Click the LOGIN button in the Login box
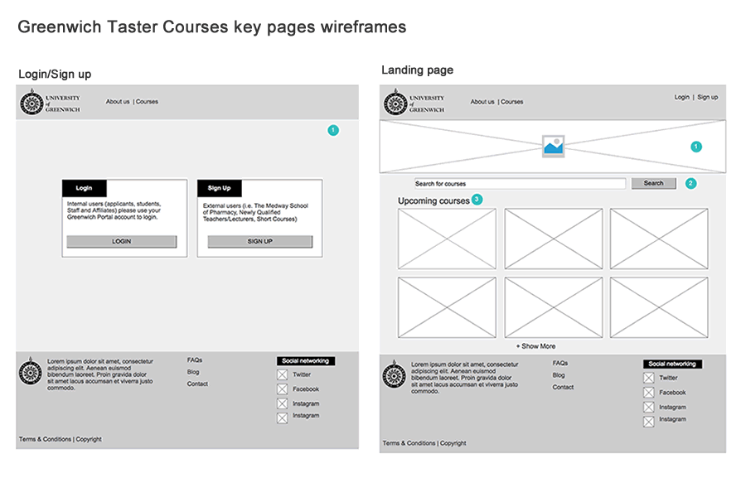(122, 242)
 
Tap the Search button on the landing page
(654, 183)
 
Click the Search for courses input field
(520, 184)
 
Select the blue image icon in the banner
(553, 147)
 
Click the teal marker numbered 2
(690, 183)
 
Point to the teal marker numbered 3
(477, 200)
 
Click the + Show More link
(535, 346)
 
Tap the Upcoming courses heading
(434, 201)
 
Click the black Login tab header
(85, 188)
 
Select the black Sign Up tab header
(220, 188)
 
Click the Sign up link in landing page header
(707, 97)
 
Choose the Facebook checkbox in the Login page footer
(282, 389)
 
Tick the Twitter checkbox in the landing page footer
(648, 379)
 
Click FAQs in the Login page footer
(194, 360)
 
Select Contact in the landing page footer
(563, 387)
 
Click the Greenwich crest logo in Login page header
(31, 103)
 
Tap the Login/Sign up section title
(55, 75)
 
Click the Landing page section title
(417, 70)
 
